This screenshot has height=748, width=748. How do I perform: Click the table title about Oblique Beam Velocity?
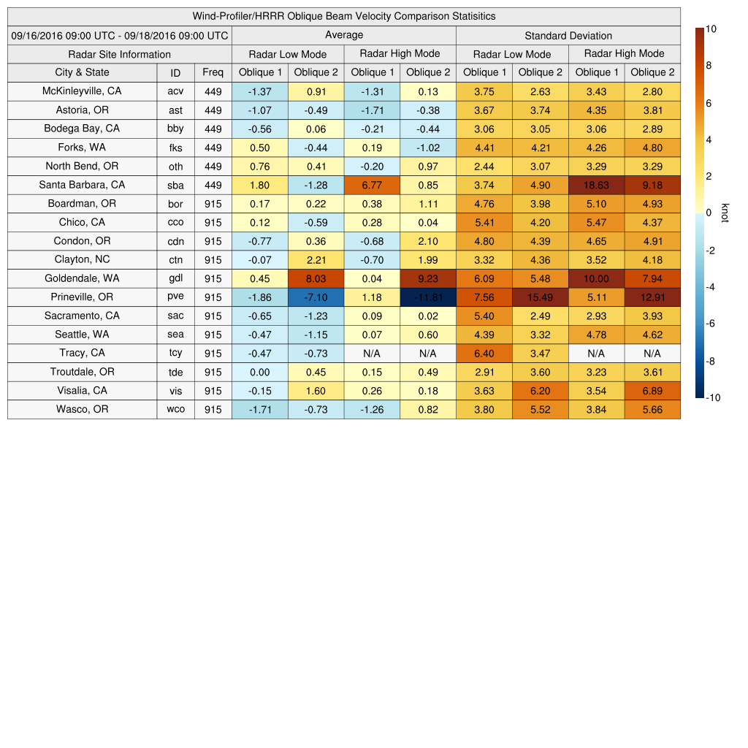coord(344,16)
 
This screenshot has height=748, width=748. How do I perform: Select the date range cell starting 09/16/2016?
coord(120,35)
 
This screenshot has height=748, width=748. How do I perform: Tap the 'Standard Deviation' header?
coord(568,35)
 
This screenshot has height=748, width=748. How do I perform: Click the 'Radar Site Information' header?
coord(120,54)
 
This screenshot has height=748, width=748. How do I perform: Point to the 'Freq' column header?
coord(213,72)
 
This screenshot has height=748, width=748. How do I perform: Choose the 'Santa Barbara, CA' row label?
coord(82,185)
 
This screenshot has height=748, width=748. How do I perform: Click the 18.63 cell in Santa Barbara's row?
coord(596,186)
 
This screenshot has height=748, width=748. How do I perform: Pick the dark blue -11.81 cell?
coord(427,297)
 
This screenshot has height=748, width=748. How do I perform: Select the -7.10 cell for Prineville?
coord(316,297)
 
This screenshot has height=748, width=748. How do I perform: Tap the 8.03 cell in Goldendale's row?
coord(316,278)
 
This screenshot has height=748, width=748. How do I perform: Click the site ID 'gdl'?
coord(175,278)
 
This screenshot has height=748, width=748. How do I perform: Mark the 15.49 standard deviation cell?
coord(540,297)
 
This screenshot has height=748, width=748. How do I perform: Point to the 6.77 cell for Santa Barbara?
coord(372,186)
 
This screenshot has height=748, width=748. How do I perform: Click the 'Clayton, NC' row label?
coord(82,259)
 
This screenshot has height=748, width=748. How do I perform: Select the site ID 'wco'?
coord(175,410)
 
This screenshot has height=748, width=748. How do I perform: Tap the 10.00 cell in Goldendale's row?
coord(596,278)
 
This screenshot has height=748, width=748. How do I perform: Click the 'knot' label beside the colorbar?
coord(725,213)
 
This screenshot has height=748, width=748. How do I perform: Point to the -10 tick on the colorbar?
coord(714,398)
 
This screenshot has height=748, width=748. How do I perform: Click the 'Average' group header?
coord(343,35)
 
